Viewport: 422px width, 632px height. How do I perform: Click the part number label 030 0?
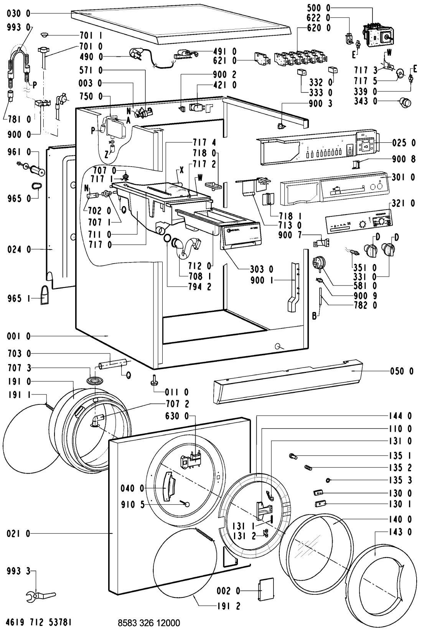pos(19,13)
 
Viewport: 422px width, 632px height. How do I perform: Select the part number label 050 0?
pos(402,371)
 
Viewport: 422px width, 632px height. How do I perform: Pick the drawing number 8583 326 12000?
pos(149,623)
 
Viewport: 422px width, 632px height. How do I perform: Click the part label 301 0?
pos(403,177)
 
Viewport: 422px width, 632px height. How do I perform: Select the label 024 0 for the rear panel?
pos(19,249)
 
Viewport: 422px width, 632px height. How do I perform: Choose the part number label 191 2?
pos(228,606)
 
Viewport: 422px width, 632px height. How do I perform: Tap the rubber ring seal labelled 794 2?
pos(167,238)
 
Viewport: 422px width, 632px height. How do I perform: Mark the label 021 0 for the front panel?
pos(18,534)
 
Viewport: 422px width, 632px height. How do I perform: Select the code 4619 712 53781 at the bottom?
pos(39,622)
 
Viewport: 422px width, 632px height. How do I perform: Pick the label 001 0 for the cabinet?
pos(19,336)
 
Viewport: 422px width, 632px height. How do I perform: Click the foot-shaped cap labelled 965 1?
pos(45,295)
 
